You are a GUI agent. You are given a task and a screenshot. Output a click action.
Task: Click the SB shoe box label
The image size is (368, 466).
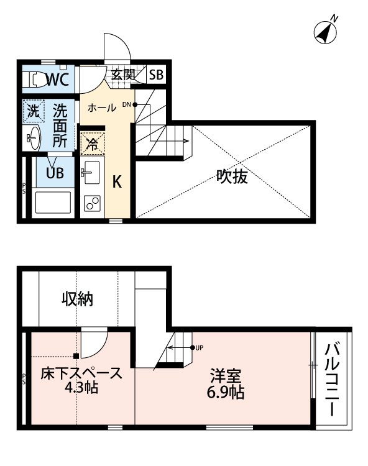coord(155,75)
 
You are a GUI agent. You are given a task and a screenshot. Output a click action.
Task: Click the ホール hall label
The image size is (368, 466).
coord(102,107)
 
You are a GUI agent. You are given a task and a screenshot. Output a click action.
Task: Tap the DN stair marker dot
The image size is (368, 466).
coord(135,104)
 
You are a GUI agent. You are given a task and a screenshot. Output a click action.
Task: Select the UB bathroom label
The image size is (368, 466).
coord(54,173)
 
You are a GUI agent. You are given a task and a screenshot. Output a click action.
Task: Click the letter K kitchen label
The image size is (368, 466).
coord(116,182)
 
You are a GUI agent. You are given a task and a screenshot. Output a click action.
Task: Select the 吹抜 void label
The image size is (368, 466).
coord(232,178)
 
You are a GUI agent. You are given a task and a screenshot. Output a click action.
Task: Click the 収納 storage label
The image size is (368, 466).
coord(77,299)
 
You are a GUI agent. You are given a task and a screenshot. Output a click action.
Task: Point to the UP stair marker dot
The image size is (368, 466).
coord(192,347)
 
